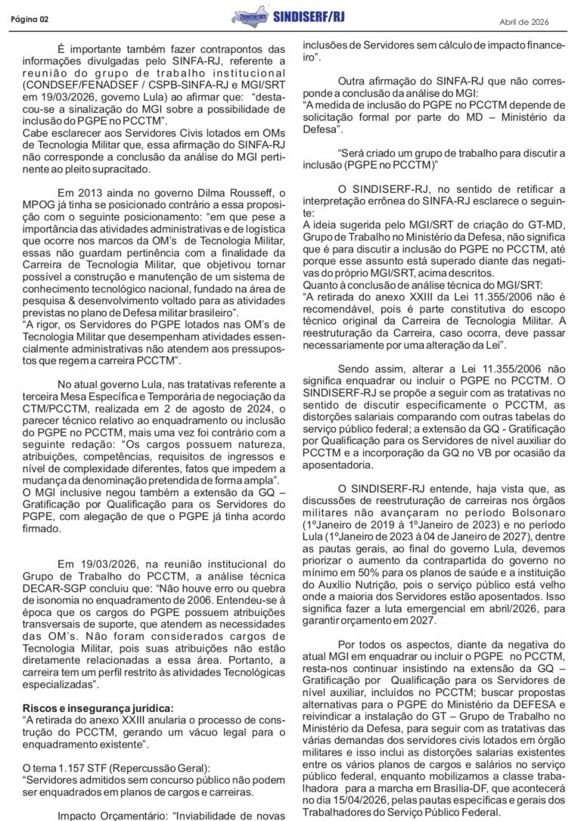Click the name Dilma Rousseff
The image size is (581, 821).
pos(228,194)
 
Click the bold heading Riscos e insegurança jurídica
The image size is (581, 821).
pos(98,707)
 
